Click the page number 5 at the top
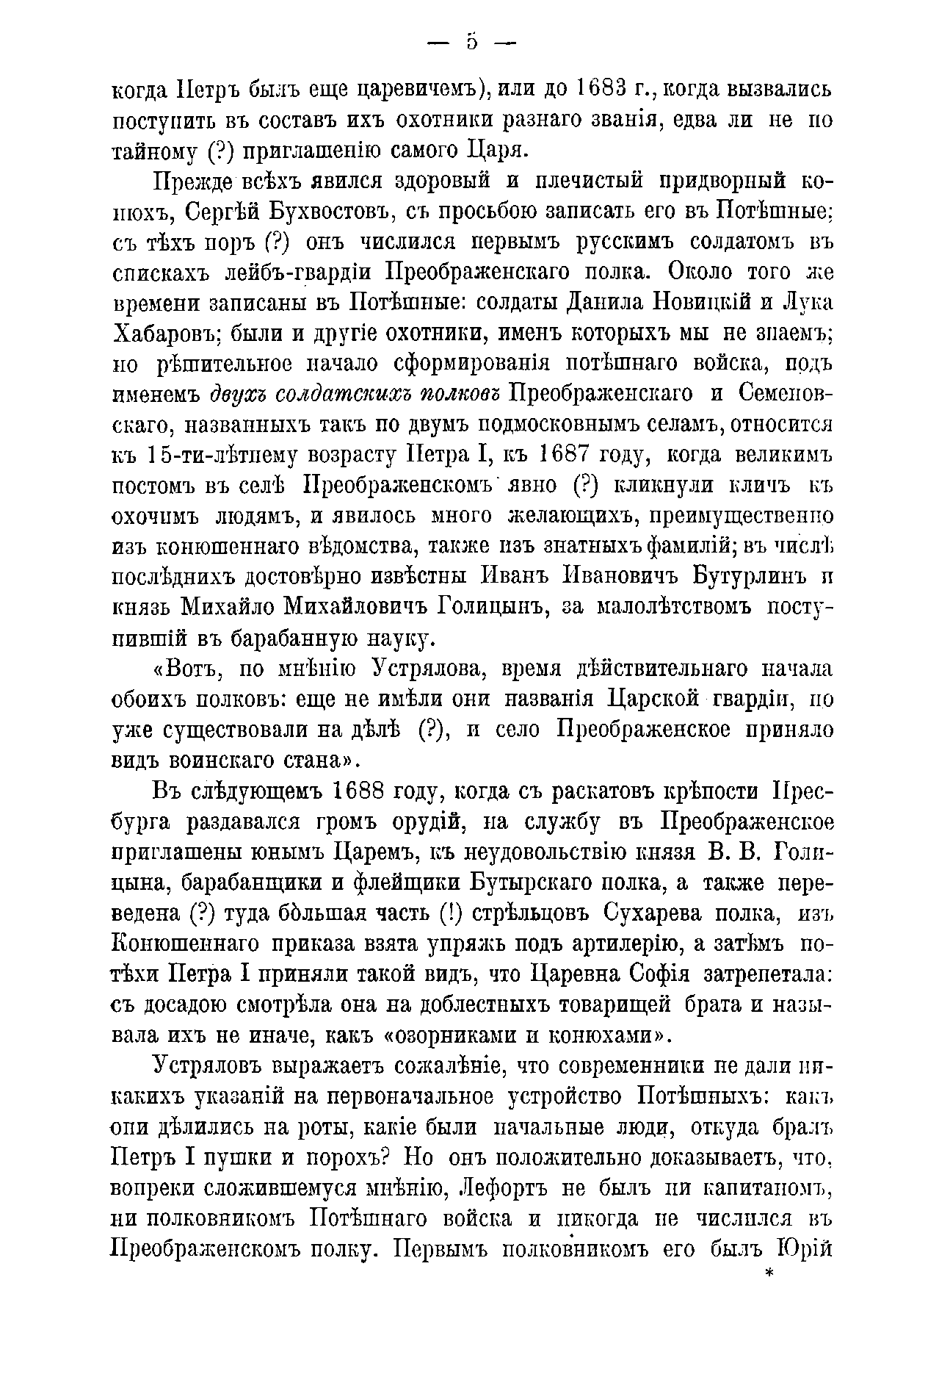click(x=471, y=43)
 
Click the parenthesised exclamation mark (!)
click(x=449, y=914)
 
